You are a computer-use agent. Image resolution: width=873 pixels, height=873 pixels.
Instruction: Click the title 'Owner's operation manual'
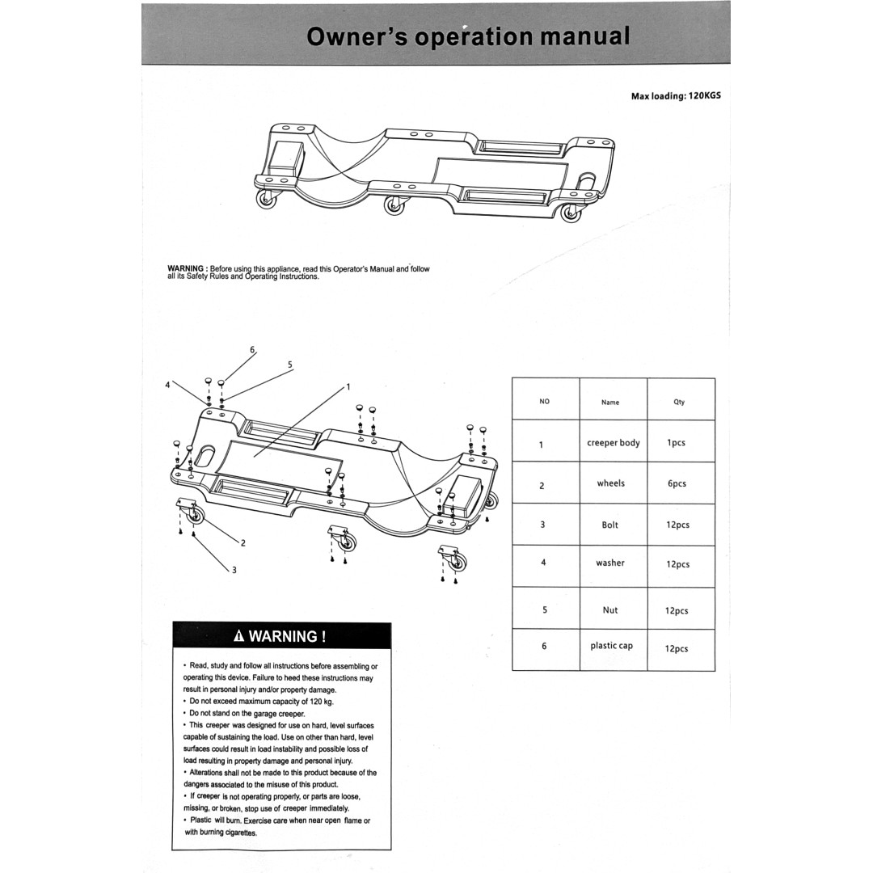(x=468, y=36)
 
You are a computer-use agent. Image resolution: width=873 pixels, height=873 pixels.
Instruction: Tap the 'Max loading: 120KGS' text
(x=675, y=95)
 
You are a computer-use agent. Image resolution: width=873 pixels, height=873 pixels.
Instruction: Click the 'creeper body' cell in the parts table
(x=613, y=443)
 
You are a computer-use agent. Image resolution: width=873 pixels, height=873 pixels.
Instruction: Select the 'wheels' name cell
(x=611, y=483)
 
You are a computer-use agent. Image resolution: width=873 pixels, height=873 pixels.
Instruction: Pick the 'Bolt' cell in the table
(x=610, y=525)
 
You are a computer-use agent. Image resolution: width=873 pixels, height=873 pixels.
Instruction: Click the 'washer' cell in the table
(x=610, y=563)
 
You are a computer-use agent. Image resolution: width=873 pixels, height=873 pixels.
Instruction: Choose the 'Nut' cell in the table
(x=610, y=610)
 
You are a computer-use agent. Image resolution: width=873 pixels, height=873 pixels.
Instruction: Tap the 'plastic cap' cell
(x=611, y=646)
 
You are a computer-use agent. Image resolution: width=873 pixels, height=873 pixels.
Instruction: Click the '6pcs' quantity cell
(x=677, y=484)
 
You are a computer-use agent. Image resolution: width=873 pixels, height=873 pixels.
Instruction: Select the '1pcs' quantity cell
(x=677, y=443)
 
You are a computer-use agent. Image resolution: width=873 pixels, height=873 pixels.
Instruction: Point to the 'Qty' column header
(x=679, y=402)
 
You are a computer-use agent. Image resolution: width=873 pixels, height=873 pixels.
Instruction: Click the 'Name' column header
(x=610, y=402)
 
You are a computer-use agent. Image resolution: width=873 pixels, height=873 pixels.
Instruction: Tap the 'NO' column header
(x=544, y=402)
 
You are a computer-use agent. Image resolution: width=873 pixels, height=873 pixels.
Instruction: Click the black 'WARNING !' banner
(x=281, y=636)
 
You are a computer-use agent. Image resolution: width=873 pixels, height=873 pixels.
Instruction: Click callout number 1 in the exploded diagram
(x=348, y=386)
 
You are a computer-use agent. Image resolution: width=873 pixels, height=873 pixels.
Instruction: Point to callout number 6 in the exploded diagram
(x=252, y=350)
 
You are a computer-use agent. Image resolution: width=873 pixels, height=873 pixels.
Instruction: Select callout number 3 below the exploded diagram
(x=234, y=570)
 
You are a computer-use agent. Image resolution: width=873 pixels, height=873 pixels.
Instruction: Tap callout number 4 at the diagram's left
(x=168, y=385)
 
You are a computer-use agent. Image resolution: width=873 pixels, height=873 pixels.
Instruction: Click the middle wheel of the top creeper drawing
(x=394, y=206)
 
